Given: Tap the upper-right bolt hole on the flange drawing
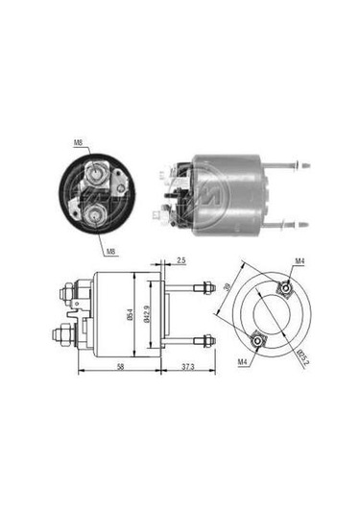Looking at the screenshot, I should click(x=285, y=287).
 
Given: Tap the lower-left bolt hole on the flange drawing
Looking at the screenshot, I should click(x=255, y=336).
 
